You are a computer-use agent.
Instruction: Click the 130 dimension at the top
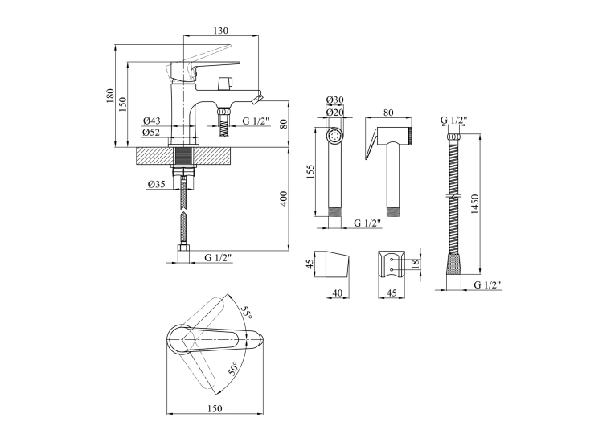(221, 31)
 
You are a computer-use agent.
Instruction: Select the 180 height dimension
(109, 96)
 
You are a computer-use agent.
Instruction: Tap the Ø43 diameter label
(151, 121)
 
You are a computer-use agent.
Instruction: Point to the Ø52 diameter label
(151, 133)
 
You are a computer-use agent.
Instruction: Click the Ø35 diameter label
(157, 184)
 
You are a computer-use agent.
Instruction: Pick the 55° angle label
(246, 312)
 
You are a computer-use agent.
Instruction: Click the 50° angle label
(233, 368)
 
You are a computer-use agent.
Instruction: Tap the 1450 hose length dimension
(474, 204)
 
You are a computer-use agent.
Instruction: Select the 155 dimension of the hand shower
(310, 172)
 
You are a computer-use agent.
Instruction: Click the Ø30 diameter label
(335, 100)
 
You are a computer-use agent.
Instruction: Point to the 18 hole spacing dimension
(416, 263)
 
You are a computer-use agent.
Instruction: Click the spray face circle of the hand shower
(335, 137)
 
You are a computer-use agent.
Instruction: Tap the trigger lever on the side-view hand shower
(371, 145)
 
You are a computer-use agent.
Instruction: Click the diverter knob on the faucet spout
(225, 83)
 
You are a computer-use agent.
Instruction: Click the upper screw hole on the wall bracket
(392, 259)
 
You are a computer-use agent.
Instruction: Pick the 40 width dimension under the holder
(338, 293)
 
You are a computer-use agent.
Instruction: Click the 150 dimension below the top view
(215, 408)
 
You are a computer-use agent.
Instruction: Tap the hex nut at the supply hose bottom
(183, 248)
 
